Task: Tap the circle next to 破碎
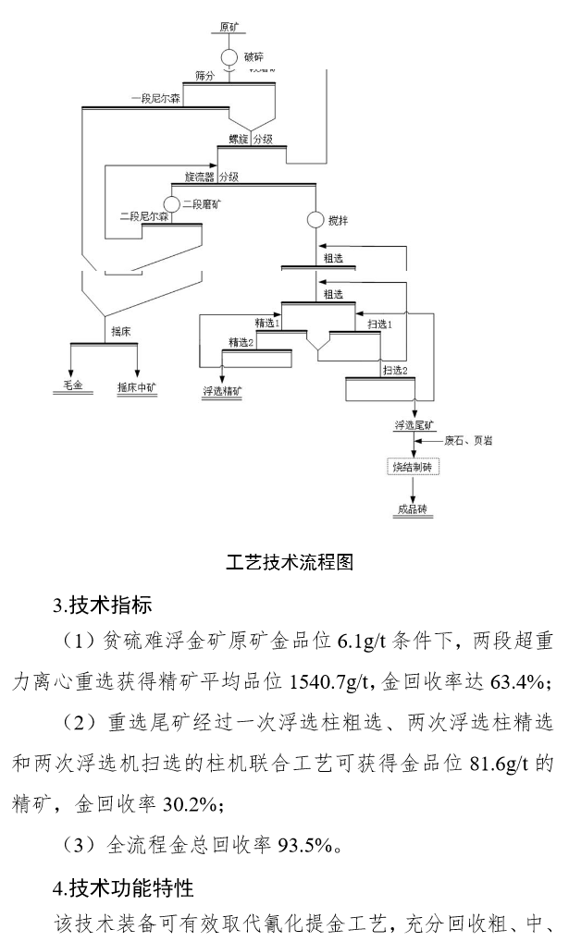tap(229, 56)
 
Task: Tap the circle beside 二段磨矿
tap(170, 203)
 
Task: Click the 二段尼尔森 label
tap(144, 216)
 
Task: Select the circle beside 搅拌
tap(315, 221)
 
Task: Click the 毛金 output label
tap(72, 385)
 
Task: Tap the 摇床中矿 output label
tap(137, 385)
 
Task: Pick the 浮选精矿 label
tap(222, 391)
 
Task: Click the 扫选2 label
tap(394, 370)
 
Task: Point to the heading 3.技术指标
tap(104, 606)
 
